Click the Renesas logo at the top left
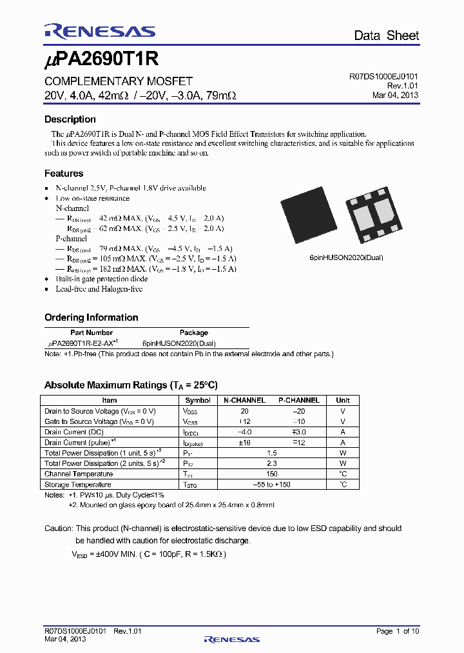[99, 32]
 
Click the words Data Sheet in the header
[386, 35]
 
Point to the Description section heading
[70, 119]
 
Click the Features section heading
[63, 174]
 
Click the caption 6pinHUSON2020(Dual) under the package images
[346, 257]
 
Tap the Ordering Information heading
[91, 317]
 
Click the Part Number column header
[91, 333]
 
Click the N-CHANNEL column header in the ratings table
[244, 400]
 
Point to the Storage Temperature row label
[77, 484]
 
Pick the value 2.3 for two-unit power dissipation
[271, 463]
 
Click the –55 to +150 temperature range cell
[271, 484]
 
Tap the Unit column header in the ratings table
[343, 400]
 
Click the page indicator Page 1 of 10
[397, 630]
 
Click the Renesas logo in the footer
[231, 639]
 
